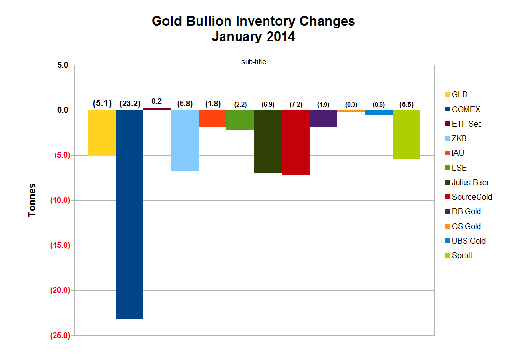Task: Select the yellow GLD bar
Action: [x=102, y=132]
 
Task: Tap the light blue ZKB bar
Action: [x=185, y=140]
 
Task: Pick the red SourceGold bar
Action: [x=296, y=142]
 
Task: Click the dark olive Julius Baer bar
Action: [x=268, y=141]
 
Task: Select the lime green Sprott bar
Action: [x=406, y=134]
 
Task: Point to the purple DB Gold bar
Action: [x=323, y=118]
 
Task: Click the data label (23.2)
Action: [x=129, y=103]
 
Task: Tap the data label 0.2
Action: [x=156, y=101]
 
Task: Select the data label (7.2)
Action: [x=296, y=104]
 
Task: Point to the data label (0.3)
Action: [x=351, y=105]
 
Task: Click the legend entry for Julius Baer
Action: [x=470, y=182]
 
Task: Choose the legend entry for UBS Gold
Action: [x=468, y=241]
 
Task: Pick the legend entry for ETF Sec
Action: [x=466, y=124]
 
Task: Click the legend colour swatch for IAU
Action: [x=447, y=153]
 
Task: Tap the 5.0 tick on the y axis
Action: [x=62, y=65]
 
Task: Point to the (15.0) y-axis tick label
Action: [x=59, y=245]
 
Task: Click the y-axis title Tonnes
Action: [x=32, y=200]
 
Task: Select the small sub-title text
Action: [x=254, y=62]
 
